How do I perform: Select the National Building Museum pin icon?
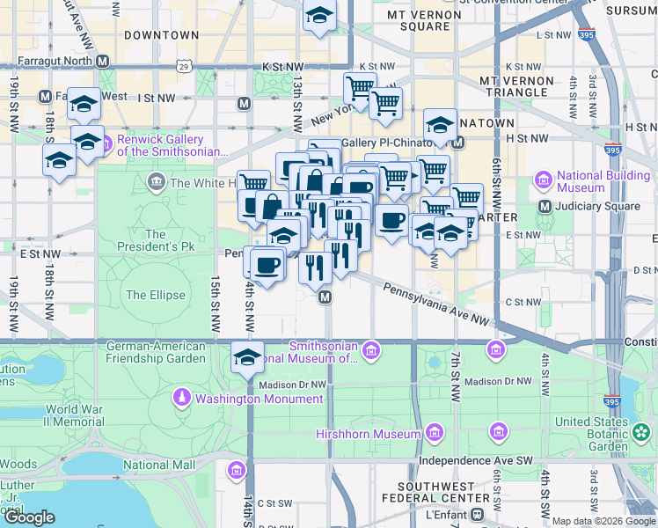point(543,181)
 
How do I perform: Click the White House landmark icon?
point(157,183)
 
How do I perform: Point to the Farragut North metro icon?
point(104,62)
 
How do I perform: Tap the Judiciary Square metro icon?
point(545,207)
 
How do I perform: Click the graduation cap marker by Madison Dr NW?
point(248,357)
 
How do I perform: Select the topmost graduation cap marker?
point(319,14)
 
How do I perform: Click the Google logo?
point(29,517)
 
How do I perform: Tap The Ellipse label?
point(156,295)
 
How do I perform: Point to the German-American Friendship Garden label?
point(157,352)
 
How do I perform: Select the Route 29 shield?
point(183,66)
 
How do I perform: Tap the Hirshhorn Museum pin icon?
point(433,434)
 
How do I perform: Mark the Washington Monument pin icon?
point(182,398)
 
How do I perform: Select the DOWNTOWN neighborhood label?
point(161,35)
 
